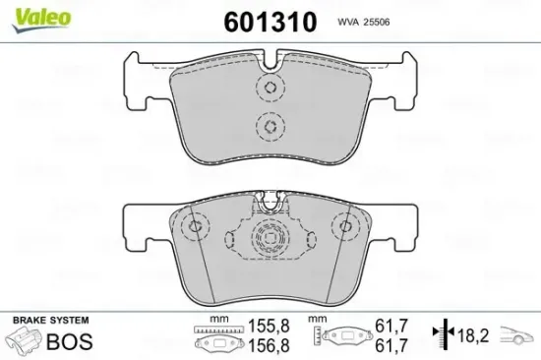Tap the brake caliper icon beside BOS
click(x=27, y=342)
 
